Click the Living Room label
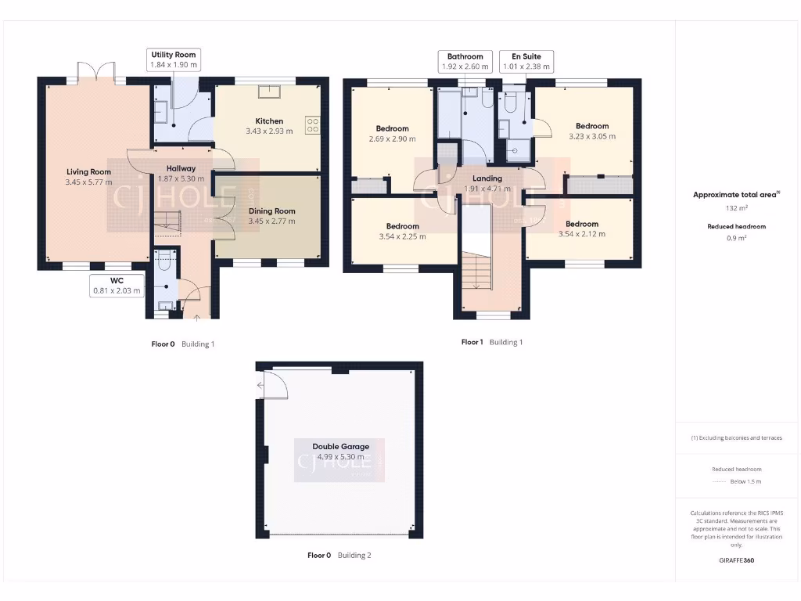(88, 172)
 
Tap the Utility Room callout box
(174, 60)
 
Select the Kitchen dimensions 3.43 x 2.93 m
(268, 131)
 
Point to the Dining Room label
(271, 211)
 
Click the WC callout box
(117, 285)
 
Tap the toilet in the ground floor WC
(164, 263)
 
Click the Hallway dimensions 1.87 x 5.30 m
(181, 179)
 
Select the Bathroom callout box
(465, 62)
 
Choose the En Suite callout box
(526, 62)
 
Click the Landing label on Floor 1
(487, 178)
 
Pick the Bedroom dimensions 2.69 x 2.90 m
(392, 139)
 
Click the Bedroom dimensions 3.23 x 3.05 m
(592, 136)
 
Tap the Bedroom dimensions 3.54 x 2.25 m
(402, 236)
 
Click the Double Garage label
(340, 447)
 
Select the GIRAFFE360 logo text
(736, 560)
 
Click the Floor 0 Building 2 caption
(339, 555)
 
